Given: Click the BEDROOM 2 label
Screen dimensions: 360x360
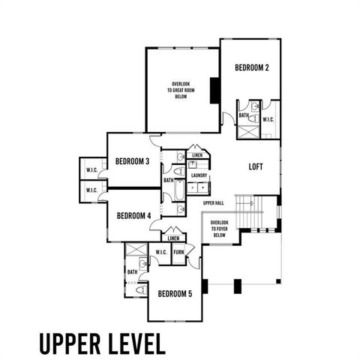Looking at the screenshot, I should [252, 67].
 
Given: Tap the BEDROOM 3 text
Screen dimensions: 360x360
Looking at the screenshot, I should [132, 161].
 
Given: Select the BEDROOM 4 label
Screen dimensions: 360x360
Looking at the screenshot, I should [133, 216].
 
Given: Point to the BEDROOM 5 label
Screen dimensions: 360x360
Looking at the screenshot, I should [175, 294].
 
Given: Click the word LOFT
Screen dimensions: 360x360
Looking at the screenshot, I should [255, 167].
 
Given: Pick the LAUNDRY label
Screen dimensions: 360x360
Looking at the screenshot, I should [199, 175].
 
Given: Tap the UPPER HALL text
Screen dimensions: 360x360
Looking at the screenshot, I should [213, 203].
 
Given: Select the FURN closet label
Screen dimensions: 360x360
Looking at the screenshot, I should [178, 252].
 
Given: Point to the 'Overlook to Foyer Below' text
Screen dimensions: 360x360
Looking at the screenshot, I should [219, 229].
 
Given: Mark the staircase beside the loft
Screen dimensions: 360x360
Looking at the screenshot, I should [247, 206].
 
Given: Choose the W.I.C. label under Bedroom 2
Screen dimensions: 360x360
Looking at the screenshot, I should [268, 119].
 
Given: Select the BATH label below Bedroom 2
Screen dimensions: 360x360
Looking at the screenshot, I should [244, 115].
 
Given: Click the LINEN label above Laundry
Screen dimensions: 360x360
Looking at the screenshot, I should [197, 155].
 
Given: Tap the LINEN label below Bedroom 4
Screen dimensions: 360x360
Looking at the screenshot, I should [173, 238].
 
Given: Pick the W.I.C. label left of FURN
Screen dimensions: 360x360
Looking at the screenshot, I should [161, 252].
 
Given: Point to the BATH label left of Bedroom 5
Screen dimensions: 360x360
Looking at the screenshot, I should [132, 272].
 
